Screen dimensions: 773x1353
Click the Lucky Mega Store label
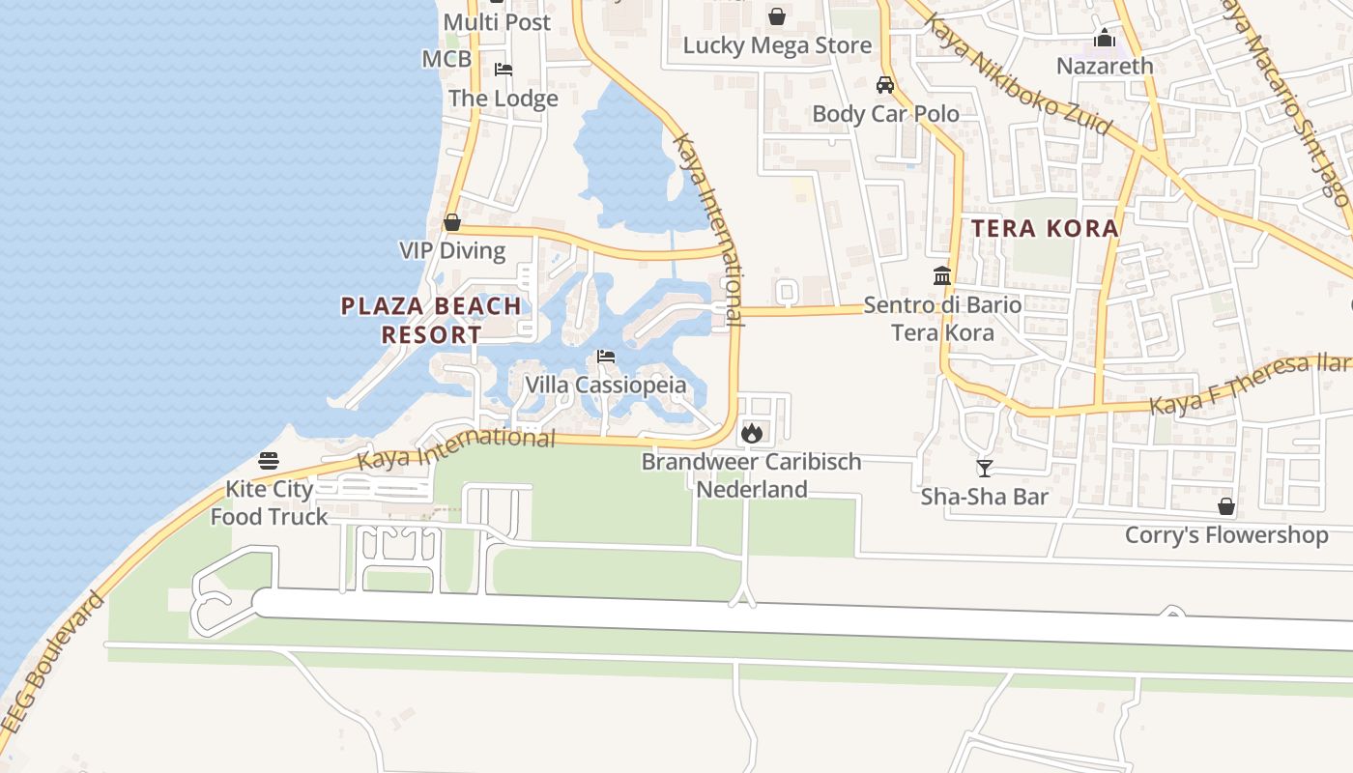777,45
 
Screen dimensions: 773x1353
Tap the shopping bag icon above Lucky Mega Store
776,16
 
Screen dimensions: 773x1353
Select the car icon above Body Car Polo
884,85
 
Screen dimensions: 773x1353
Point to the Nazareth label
1105,66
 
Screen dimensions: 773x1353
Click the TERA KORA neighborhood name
1045,229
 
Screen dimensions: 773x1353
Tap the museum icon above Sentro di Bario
942,276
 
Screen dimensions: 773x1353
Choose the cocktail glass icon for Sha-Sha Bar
985,469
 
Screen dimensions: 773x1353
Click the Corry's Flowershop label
1225,534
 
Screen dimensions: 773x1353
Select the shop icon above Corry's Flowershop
1225,506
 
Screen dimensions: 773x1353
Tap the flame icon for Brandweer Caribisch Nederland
752,433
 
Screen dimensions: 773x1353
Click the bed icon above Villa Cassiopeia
606,357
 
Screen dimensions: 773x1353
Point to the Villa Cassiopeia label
606,385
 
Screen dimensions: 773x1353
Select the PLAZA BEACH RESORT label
431,321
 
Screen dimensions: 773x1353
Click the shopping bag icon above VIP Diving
451,223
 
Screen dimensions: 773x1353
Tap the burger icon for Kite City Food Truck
269,461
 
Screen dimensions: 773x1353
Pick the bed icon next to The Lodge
504,70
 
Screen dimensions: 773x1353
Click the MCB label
446,59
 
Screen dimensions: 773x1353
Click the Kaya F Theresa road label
1247,383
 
